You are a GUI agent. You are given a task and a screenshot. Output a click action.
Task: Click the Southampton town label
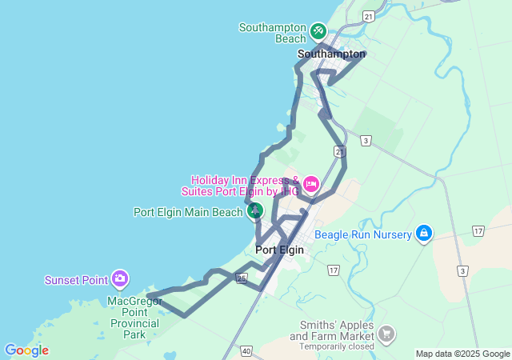pyautogui.click(x=331, y=54)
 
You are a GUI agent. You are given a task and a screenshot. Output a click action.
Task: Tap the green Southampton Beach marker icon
pyautogui.click(x=318, y=31)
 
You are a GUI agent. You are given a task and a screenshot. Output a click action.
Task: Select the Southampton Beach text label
pyautogui.click(x=273, y=33)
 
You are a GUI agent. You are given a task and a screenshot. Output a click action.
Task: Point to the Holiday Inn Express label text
pyautogui.click(x=245, y=186)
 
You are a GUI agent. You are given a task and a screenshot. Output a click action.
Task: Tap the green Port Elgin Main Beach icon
pyautogui.click(x=255, y=211)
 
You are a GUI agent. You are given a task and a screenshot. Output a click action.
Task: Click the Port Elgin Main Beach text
pyautogui.click(x=187, y=212)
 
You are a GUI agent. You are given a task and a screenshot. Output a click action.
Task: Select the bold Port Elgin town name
pyautogui.click(x=279, y=250)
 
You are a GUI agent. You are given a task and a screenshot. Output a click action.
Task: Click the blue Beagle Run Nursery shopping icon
pyautogui.click(x=424, y=234)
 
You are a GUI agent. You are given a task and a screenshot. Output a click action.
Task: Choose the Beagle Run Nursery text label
pyautogui.click(x=362, y=234)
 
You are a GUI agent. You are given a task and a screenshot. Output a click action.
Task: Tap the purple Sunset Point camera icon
pyautogui.click(x=119, y=279)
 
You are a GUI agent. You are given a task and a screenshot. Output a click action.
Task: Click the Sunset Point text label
pyautogui.click(x=76, y=280)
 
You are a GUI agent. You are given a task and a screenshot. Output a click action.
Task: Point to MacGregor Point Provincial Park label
pyautogui.click(x=134, y=318)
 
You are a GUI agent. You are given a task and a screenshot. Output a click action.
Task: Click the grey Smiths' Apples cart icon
pyautogui.click(x=387, y=333)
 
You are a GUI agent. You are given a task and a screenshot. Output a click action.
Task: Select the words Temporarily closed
pyautogui.click(x=336, y=347)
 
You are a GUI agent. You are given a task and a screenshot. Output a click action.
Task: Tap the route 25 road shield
pyautogui.click(x=241, y=278)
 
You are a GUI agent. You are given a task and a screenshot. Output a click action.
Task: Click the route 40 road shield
pyautogui.click(x=246, y=350)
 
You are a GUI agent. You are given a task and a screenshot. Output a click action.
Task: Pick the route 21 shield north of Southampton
pyautogui.click(x=368, y=16)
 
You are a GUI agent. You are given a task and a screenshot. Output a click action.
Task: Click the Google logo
pyautogui.click(x=26, y=350)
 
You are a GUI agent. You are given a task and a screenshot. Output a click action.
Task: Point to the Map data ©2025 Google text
pyautogui.click(x=462, y=354)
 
